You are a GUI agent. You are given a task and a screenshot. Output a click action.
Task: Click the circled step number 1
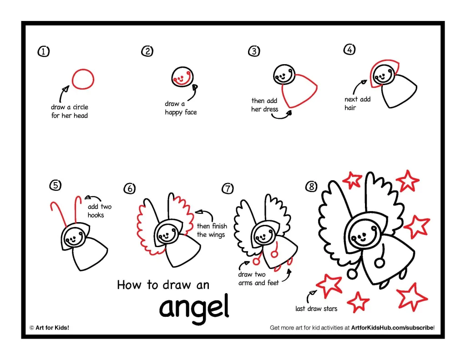pos(44,51)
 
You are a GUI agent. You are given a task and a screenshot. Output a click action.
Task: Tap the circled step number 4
pos(349,49)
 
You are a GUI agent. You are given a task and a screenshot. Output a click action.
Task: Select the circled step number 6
pos(130,188)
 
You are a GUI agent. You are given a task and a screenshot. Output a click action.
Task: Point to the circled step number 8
pos(311,187)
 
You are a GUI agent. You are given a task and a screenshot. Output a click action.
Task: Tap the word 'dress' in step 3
pos(270,109)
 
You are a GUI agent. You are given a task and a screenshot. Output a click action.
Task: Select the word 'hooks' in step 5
pos(96,215)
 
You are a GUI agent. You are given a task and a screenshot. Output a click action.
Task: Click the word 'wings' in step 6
pos(216,235)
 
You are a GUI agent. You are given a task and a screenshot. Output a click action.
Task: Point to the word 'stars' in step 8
pos(330,309)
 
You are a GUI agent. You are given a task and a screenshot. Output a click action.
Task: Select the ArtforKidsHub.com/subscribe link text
pos(392,328)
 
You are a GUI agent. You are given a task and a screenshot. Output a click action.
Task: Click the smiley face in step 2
pos(182,77)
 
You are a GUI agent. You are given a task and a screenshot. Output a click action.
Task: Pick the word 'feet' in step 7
pos(273,283)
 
